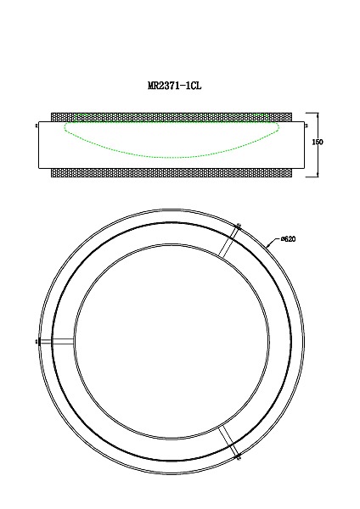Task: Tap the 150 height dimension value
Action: pyautogui.click(x=318, y=143)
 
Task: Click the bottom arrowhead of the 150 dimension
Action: pyautogui.click(x=318, y=175)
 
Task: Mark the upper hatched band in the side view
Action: pyautogui.click(x=173, y=115)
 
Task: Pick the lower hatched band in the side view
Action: pyautogui.click(x=173, y=172)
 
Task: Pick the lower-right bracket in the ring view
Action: pyautogui.click(x=228, y=439)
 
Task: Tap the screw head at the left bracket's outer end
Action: pyautogui.click(x=37, y=342)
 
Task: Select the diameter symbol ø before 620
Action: pyautogui.click(x=279, y=240)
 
